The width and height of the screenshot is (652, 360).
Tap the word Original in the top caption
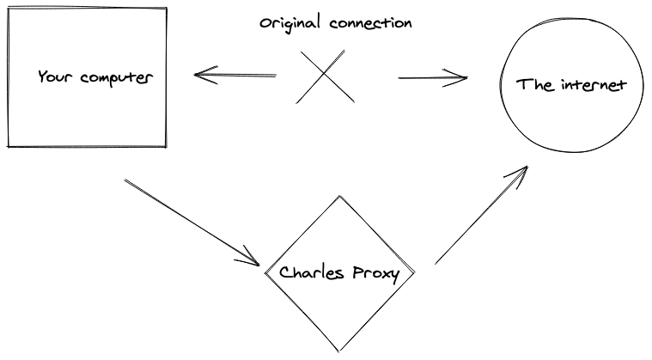290,23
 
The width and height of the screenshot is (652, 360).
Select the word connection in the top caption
370,23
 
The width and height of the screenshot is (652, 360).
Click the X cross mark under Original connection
326,76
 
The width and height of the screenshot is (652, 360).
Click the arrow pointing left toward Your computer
235,76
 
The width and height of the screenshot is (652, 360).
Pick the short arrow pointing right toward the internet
433,79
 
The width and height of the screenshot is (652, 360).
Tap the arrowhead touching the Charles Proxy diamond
253,259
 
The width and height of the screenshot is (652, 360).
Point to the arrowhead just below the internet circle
519,174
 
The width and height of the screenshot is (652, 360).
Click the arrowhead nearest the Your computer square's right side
200,75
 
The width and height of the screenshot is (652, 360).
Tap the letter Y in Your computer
42,77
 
